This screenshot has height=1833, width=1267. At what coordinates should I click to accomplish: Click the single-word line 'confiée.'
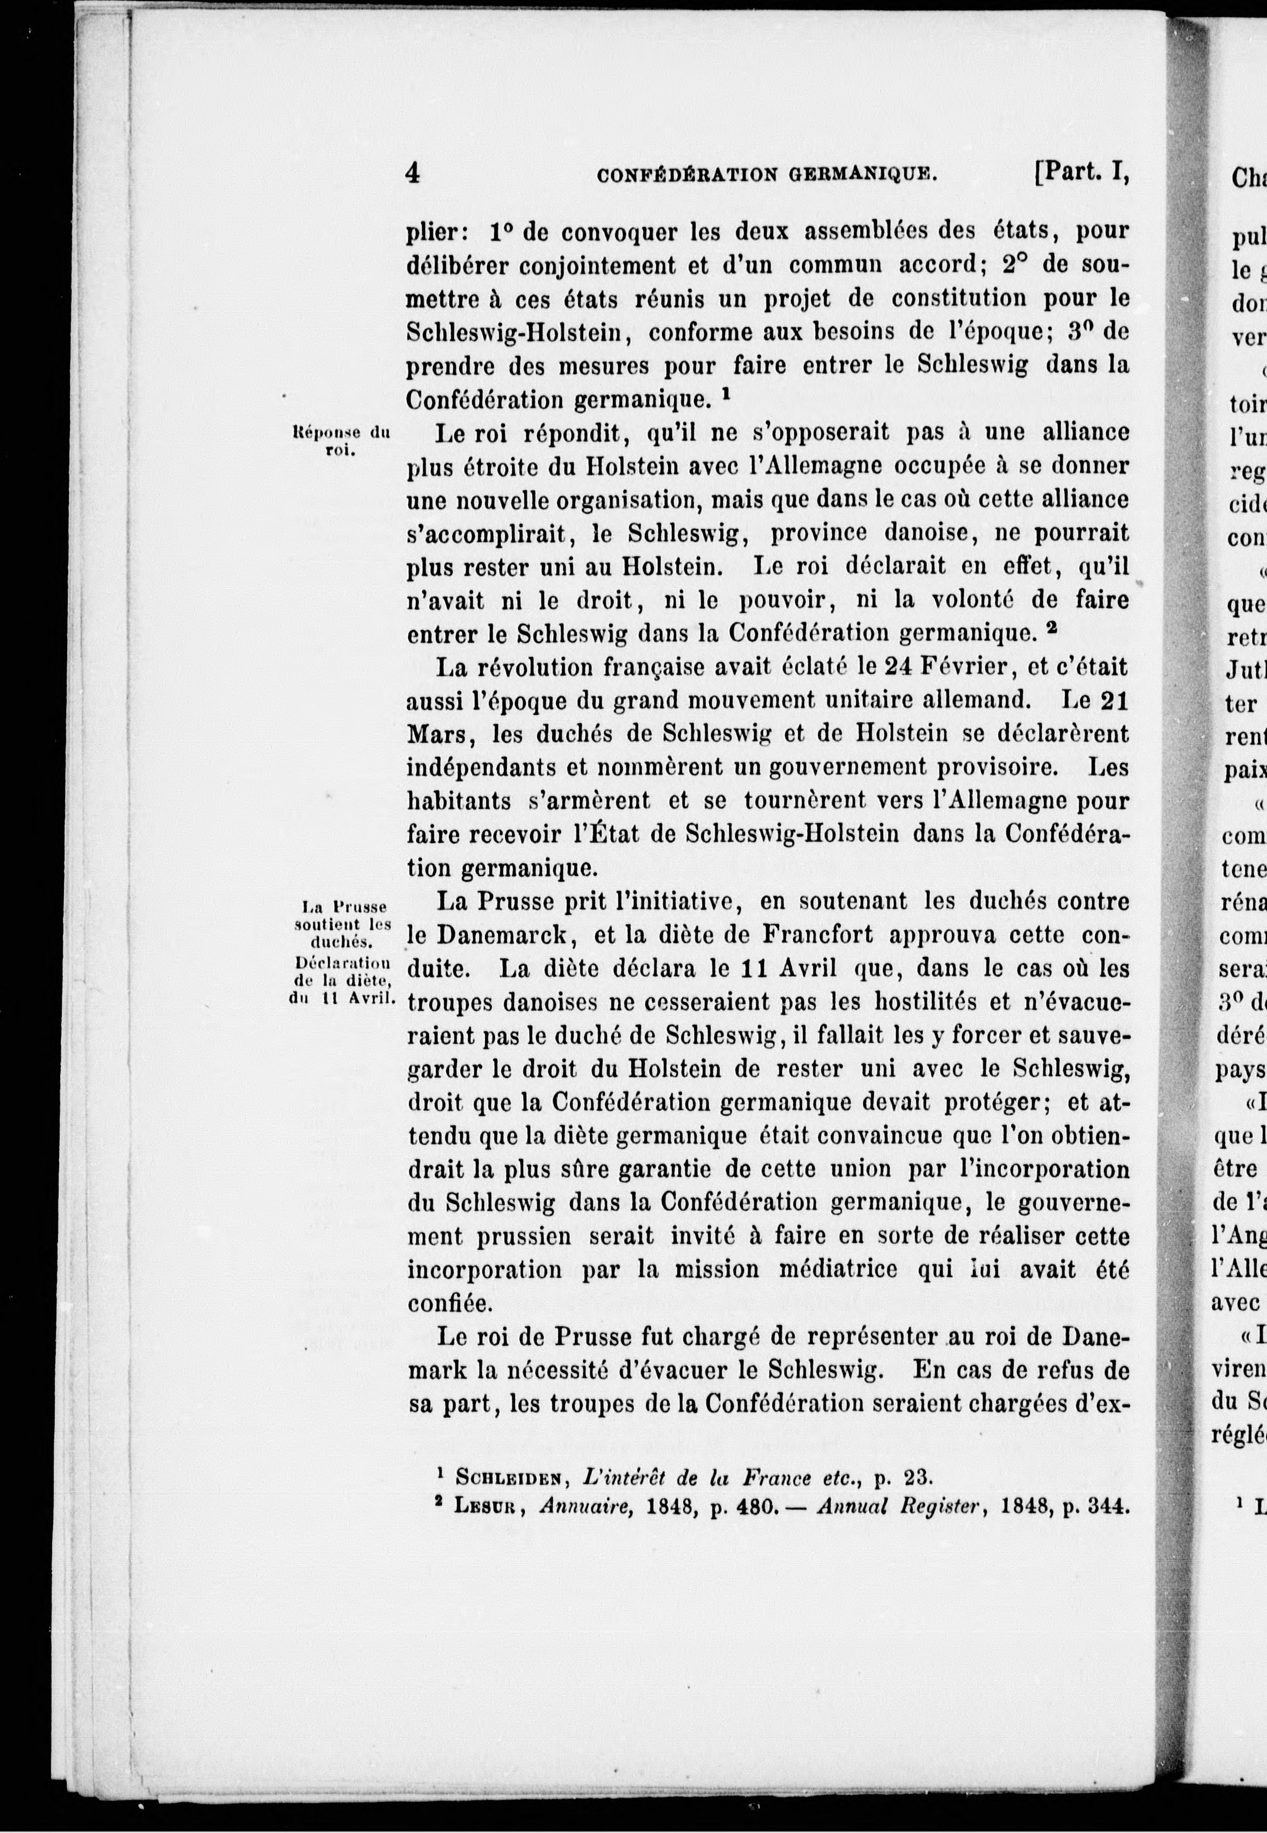(450, 1303)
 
